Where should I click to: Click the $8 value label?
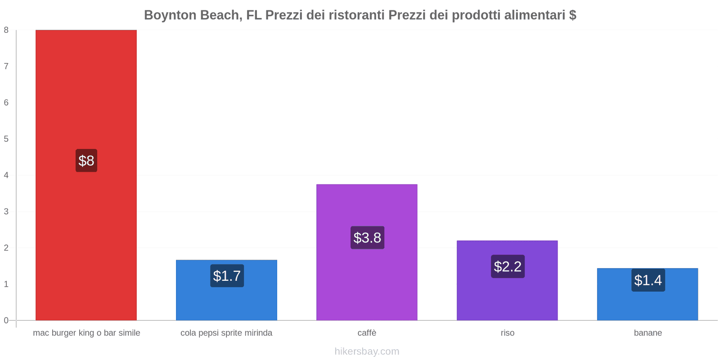[x=86, y=161]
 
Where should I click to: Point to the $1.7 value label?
[x=227, y=276]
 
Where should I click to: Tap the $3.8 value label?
[x=367, y=238]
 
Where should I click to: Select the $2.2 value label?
[x=508, y=266]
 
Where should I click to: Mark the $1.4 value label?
[x=648, y=280]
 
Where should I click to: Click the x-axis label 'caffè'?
[x=367, y=333]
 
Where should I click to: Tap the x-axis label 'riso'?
[x=507, y=333]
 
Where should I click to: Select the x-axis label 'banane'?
[x=648, y=333]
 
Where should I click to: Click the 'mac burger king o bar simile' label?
[x=86, y=333]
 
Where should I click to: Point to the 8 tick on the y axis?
[x=6, y=30]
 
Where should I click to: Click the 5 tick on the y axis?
[x=6, y=139]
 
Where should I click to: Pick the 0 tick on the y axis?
[x=6, y=320]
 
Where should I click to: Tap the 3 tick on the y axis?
[x=6, y=211]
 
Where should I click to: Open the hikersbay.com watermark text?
[x=367, y=351]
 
